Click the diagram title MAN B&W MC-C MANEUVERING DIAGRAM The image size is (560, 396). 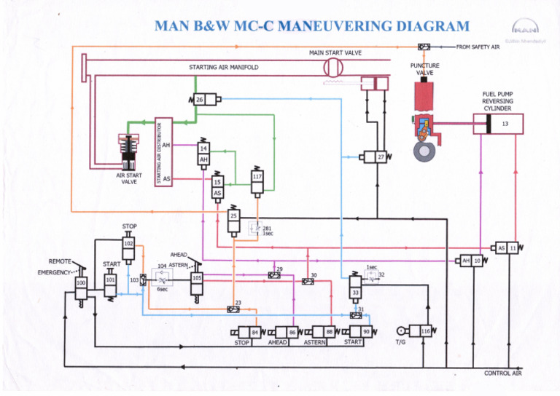[312, 28]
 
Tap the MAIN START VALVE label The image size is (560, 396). [335, 53]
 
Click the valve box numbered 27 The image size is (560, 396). [378, 157]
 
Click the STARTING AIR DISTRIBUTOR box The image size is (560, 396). [163, 151]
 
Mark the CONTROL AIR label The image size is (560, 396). [503, 373]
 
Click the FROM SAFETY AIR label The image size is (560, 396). [478, 47]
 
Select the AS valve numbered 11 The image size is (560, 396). [507, 248]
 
